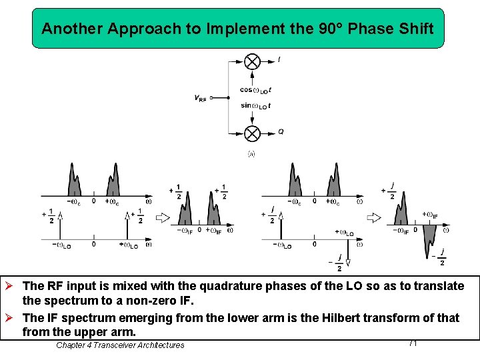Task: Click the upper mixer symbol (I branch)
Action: click(252, 62)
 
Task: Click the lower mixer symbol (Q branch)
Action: click(252, 133)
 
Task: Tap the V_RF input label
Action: click(200, 98)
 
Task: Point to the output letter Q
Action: click(281, 132)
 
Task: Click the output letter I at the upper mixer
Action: click(279, 60)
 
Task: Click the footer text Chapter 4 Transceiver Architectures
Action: click(120, 345)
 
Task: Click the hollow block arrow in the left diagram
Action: click(163, 217)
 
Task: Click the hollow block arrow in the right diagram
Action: click(374, 217)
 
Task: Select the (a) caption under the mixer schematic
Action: click(251, 154)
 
